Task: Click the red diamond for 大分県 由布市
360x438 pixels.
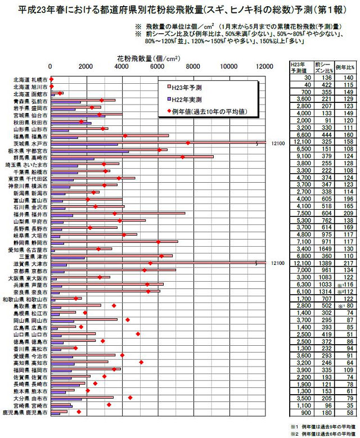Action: pos(130,398)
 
